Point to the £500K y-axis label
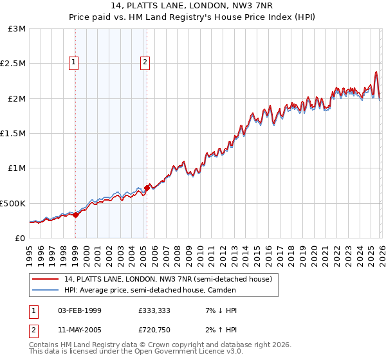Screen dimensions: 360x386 click(x=13, y=203)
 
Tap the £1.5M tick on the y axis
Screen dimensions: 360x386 click(x=14, y=134)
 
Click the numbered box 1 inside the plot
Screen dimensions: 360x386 click(x=75, y=62)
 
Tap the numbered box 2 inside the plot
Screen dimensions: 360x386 click(x=145, y=62)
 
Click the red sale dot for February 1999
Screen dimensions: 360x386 click(x=75, y=215)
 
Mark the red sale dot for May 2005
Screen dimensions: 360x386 click(x=147, y=188)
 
